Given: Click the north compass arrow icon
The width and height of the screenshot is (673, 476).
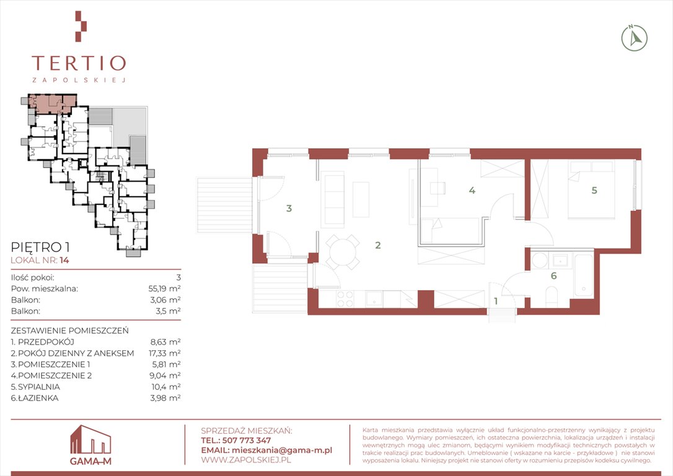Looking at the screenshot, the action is [635, 38].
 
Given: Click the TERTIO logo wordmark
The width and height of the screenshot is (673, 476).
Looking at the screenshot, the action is [79, 63].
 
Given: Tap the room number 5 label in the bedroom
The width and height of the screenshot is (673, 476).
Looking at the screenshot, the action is [594, 190].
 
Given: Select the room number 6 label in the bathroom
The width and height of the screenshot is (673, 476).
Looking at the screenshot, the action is [553, 276].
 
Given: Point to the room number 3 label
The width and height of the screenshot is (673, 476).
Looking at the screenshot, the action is [289, 208].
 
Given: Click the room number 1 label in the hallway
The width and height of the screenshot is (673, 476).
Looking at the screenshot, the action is [496, 301].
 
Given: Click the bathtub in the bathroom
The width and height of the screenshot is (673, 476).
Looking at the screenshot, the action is [583, 275].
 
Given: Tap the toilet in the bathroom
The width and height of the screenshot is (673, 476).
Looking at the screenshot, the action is [552, 297].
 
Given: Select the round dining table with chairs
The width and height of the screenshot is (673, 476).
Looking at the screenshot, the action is [343, 252].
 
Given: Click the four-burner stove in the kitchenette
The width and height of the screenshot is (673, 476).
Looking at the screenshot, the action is [346, 299].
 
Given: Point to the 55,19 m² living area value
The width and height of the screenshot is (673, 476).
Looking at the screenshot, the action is [164, 288].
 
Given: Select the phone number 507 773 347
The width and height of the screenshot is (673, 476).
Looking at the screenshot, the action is [247, 441].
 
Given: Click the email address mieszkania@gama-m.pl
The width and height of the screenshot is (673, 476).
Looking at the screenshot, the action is [281, 450].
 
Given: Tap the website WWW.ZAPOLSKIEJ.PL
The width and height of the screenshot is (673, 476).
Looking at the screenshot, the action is [246, 460].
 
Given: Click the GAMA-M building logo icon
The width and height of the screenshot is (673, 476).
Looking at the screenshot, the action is [90, 439].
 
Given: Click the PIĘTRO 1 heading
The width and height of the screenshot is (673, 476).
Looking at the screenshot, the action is [40, 247].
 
